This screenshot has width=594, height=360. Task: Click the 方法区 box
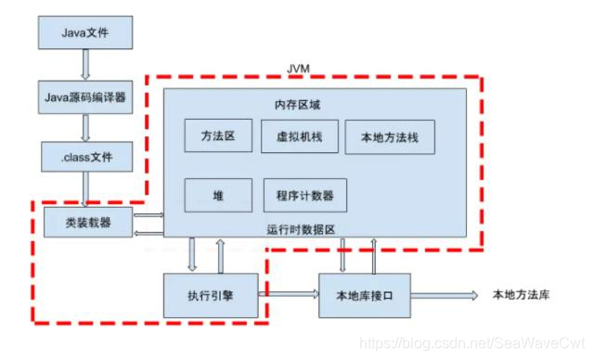pyautogui.click(x=217, y=136)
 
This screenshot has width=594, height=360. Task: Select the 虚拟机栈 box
pyautogui.click(x=294, y=136)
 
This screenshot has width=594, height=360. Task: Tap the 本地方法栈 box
pyautogui.click(x=383, y=137)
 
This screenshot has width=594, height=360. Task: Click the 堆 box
pyautogui.click(x=217, y=195)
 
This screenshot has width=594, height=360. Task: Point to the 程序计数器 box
pyautogui.click(x=305, y=195)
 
